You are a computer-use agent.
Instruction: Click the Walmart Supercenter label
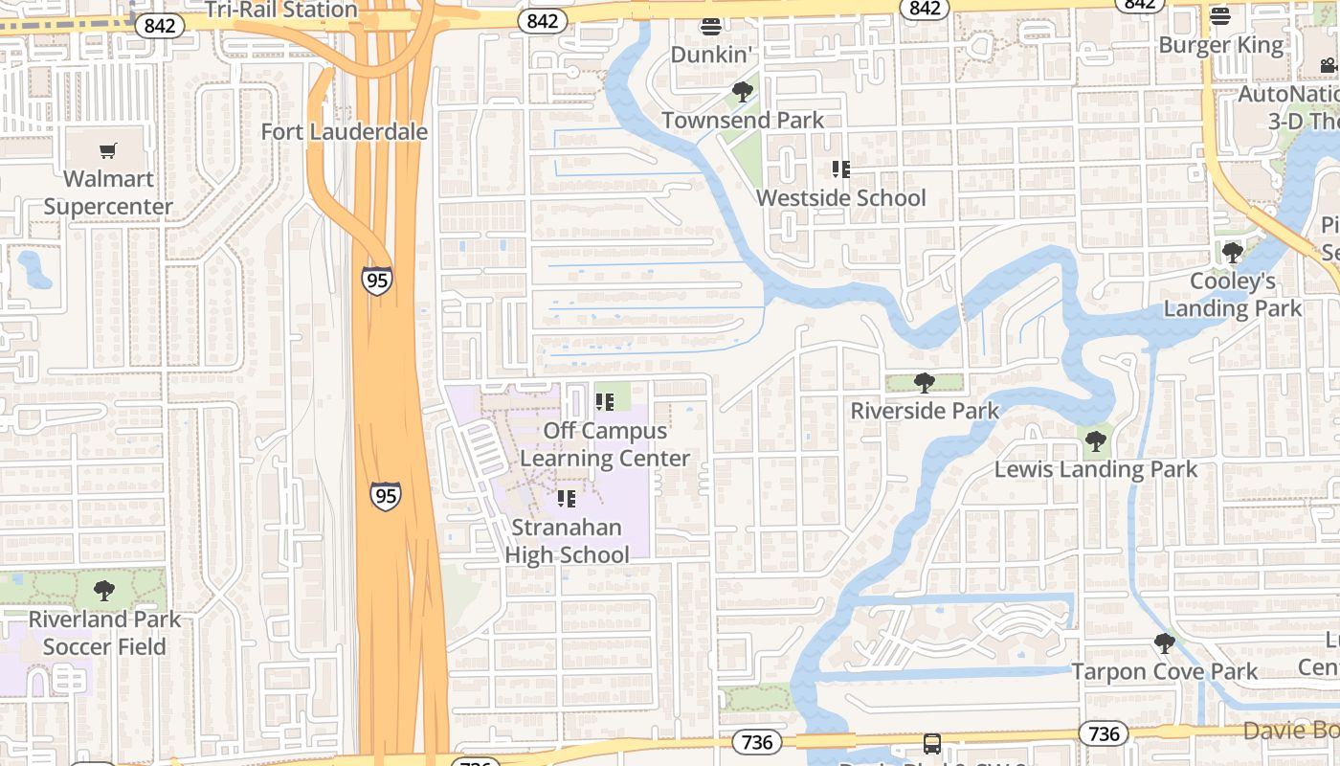tap(108, 192)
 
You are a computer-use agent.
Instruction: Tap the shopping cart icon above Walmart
tap(108, 150)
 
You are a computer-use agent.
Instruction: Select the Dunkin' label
tap(709, 55)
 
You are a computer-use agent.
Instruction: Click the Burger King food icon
tap(1219, 16)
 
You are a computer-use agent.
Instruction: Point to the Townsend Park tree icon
tap(742, 92)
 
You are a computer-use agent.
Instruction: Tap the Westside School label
tap(840, 198)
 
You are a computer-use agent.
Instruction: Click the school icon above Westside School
tap(840, 169)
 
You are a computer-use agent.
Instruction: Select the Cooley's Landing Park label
tap(1232, 295)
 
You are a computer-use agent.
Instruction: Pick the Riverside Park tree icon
tap(924, 383)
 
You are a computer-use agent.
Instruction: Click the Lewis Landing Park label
tap(1095, 469)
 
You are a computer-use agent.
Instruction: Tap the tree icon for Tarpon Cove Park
tap(1164, 643)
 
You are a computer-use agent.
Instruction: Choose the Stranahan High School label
tap(567, 541)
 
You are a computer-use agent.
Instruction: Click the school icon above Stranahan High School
tap(567, 499)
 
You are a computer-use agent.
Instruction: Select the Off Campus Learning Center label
tap(604, 444)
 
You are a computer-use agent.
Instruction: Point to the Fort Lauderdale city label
tap(344, 131)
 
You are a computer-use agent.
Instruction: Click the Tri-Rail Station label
tap(281, 11)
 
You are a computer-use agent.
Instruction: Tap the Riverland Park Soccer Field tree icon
tap(104, 591)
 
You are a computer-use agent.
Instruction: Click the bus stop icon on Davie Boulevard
tap(931, 743)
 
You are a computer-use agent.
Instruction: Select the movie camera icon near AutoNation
tap(1328, 65)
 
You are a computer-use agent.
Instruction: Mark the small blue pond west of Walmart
tap(34, 269)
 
